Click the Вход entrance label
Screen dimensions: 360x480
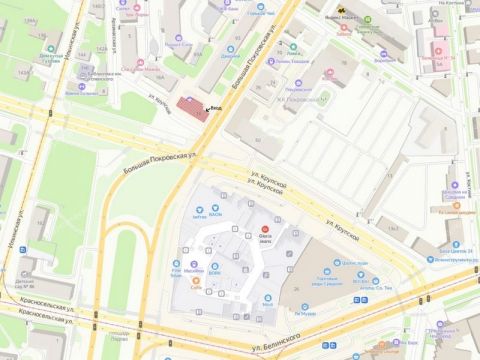point(214,109)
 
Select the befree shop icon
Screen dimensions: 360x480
point(198,209)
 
